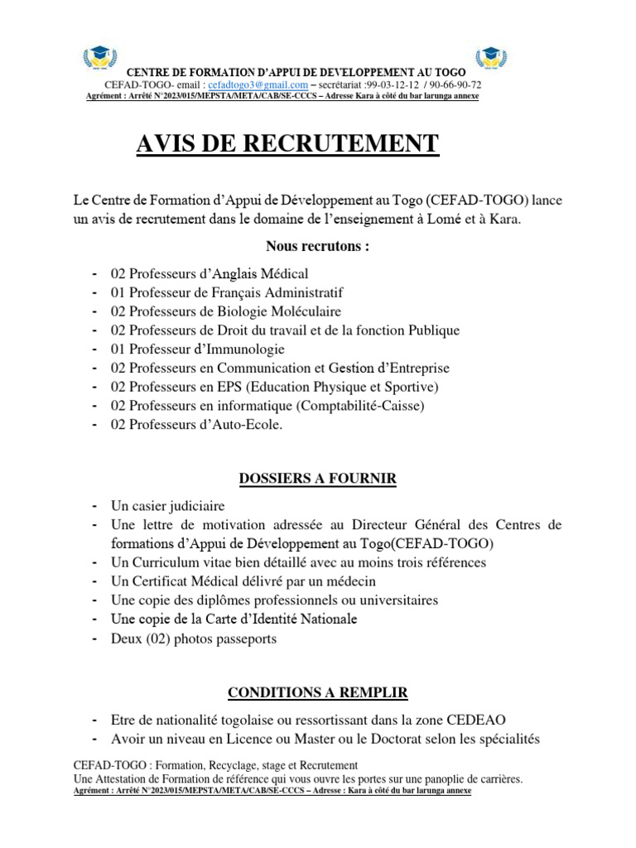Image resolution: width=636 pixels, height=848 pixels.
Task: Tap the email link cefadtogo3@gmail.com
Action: (x=258, y=85)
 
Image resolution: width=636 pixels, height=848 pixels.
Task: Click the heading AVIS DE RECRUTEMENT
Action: (x=287, y=144)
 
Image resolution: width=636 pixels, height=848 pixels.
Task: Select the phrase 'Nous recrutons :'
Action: (x=317, y=246)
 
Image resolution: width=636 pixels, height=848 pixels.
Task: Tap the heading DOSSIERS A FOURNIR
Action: (x=317, y=479)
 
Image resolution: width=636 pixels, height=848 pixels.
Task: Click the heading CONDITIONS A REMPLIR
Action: (x=317, y=692)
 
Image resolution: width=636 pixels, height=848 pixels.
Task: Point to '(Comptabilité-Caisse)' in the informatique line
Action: (x=361, y=406)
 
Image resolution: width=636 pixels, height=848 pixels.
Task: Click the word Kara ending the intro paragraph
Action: (x=504, y=219)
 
